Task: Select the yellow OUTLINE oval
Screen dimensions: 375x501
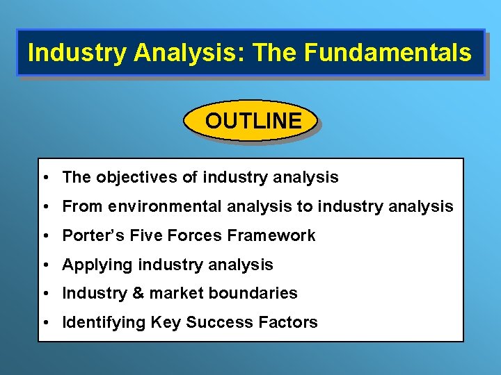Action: (x=252, y=121)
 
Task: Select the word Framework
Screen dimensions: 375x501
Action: (x=271, y=235)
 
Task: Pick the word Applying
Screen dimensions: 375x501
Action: (x=98, y=265)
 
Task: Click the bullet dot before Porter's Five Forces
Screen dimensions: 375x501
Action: (x=45, y=236)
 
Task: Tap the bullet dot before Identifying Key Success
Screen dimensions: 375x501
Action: (x=45, y=323)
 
